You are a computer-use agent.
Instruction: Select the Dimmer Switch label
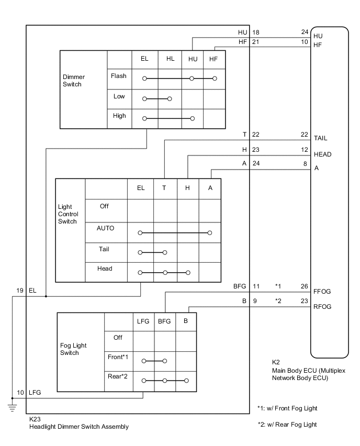coord(72,80)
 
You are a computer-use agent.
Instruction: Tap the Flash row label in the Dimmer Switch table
coord(119,76)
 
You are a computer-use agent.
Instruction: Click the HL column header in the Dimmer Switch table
coord(171,59)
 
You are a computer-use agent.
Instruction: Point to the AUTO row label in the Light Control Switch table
coord(105,228)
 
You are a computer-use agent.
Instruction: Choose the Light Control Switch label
coord(67,214)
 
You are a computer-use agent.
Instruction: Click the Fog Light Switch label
coord(74,349)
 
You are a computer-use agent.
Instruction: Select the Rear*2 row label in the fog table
coord(118,376)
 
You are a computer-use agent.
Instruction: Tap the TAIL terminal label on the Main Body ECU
coord(321,139)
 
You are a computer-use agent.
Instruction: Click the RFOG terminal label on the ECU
coord(323,307)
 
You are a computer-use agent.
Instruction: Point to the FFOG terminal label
coord(323,291)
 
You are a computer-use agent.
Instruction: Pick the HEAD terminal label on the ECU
coord(322,155)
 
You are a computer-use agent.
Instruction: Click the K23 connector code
coord(35,419)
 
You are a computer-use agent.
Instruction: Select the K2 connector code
coord(276,362)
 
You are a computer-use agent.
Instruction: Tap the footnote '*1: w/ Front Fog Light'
coord(287,408)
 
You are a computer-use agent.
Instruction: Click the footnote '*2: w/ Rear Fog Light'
coord(287,425)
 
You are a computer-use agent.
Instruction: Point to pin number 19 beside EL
coord(20,290)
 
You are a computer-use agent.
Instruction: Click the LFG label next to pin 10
coord(35,392)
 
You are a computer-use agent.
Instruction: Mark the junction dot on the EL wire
coord(46,296)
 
